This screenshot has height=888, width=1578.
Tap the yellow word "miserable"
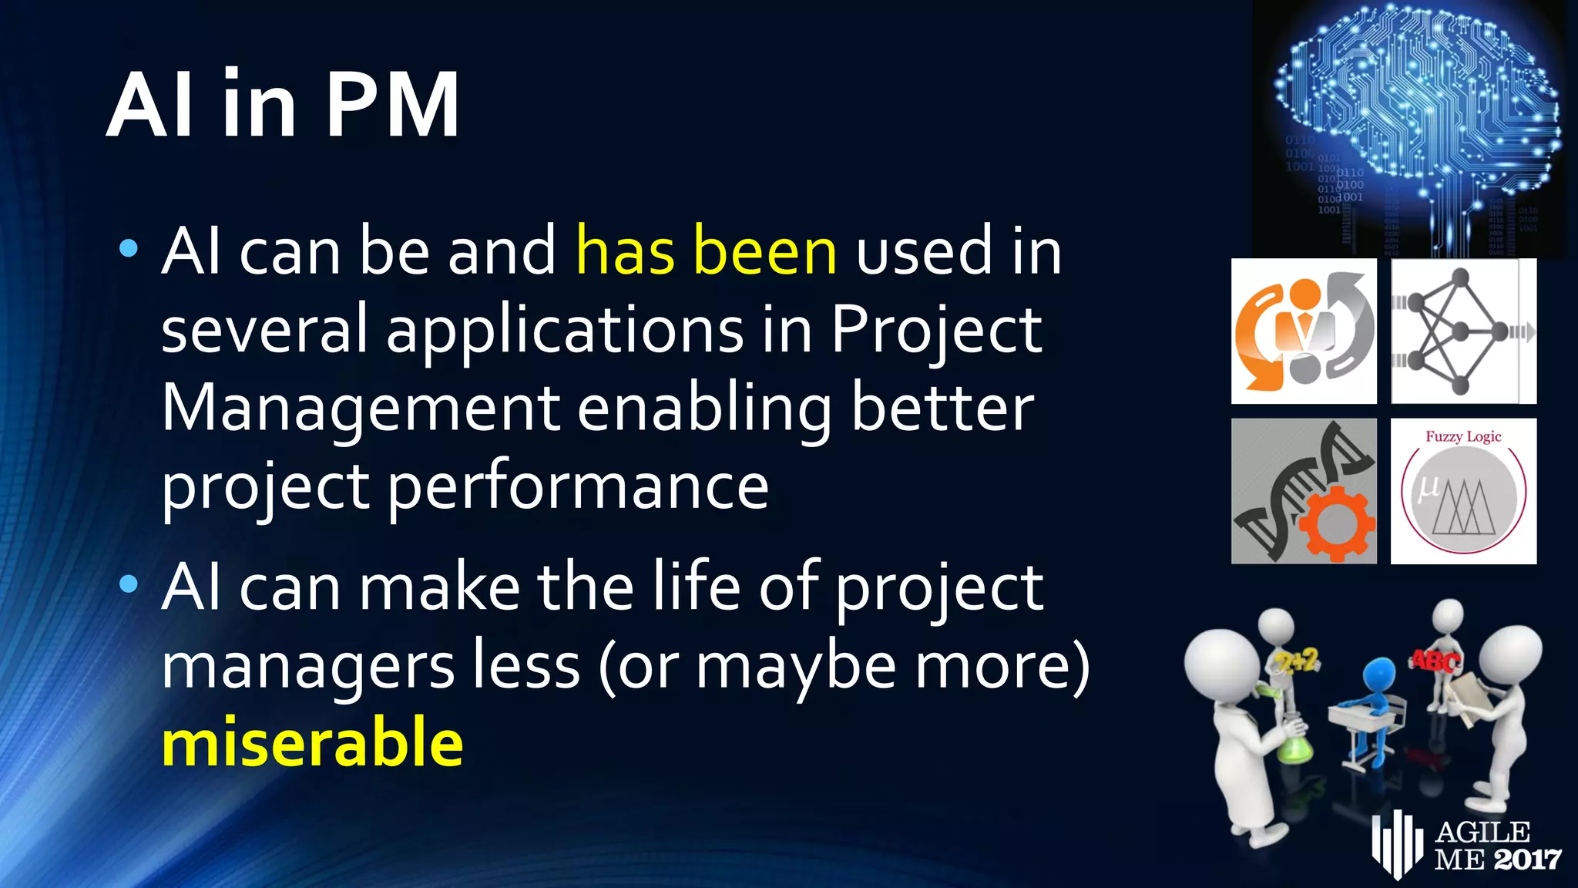click(x=312, y=742)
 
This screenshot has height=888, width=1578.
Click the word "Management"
click(x=360, y=409)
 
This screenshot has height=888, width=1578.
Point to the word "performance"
click(x=578, y=487)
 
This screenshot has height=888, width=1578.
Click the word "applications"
click(x=565, y=330)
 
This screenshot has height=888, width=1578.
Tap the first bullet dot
click(x=129, y=249)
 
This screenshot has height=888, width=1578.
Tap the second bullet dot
click(x=129, y=584)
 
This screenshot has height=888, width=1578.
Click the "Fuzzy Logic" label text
click(x=1463, y=436)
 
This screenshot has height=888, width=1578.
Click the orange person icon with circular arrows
click(x=1304, y=331)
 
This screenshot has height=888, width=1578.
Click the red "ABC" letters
click(x=1434, y=661)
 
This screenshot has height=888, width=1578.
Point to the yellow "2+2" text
click(x=1297, y=661)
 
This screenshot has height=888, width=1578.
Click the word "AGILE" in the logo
click(x=1482, y=832)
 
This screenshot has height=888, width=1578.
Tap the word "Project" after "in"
click(x=935, y=330)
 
